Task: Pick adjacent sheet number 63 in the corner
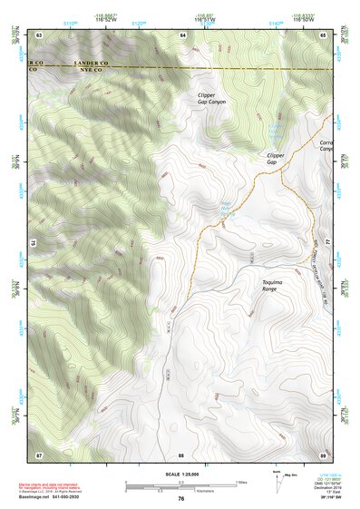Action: pos(39,34)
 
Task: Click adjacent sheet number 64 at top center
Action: pos(182,34)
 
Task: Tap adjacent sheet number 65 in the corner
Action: pos(324,34)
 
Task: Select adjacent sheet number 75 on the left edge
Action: pos(33,242)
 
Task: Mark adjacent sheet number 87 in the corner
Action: pos(39,454)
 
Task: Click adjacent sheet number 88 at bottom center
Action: pos(181,454)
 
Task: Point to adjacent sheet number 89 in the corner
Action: pos(324,454)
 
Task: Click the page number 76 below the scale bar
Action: pos(181,498)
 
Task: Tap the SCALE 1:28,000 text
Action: pos(181,473)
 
